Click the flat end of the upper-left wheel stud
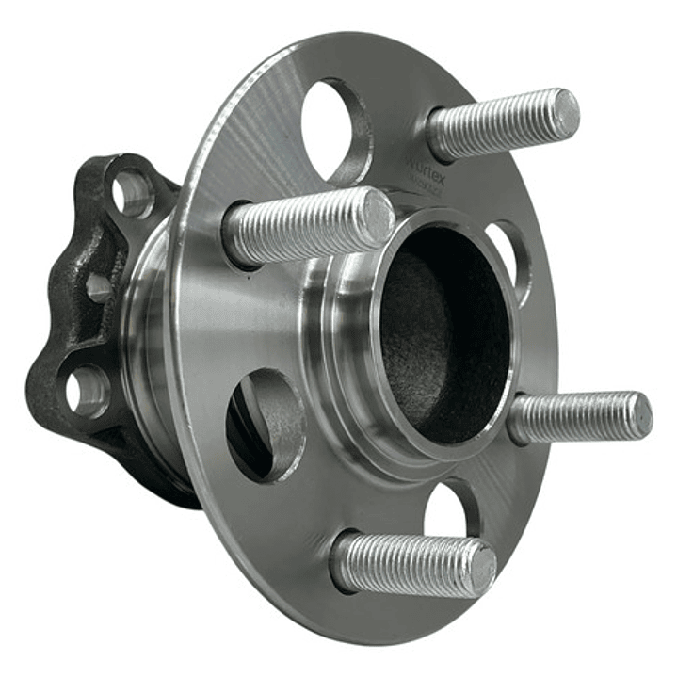[379, 218]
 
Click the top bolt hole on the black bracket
[131, 193]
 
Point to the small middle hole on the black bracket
[98, 287]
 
